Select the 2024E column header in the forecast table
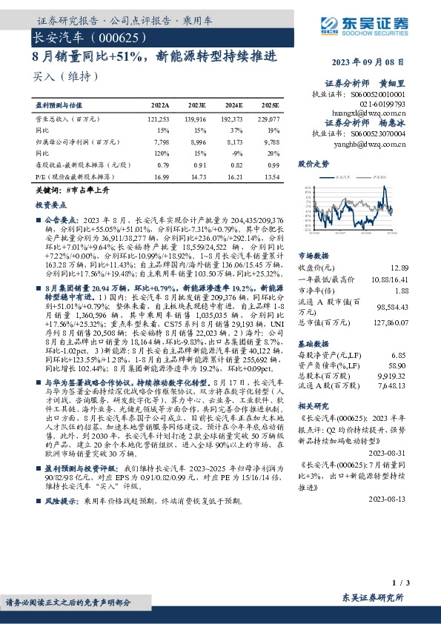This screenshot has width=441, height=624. coord(233,106)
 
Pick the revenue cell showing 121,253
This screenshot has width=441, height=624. coord(159,119)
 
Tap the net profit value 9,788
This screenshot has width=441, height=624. coord(271,141)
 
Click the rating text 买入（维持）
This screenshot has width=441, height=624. coord(66,76)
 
